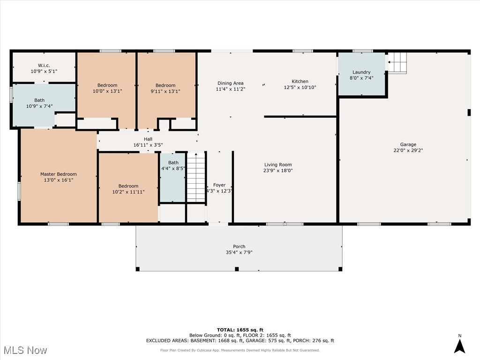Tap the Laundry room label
pos(361,72)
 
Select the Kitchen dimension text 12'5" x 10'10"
pos(300,88)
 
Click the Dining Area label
pos(230,83)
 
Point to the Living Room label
pos(278,165)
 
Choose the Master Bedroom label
pos(58,174)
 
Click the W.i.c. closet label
pos(44,65)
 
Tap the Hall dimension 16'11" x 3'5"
pos(148,145)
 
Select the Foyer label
pos(219,185)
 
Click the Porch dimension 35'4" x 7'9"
pos(239,253)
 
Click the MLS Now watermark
pos(24,350)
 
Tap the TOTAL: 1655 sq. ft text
pos(240,330)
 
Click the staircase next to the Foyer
pos(196,177)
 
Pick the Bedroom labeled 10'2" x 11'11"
pos(128,186)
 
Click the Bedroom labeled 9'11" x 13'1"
pos(165,85)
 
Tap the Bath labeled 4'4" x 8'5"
pos(173,163)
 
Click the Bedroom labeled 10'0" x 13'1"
pos(107,85)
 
